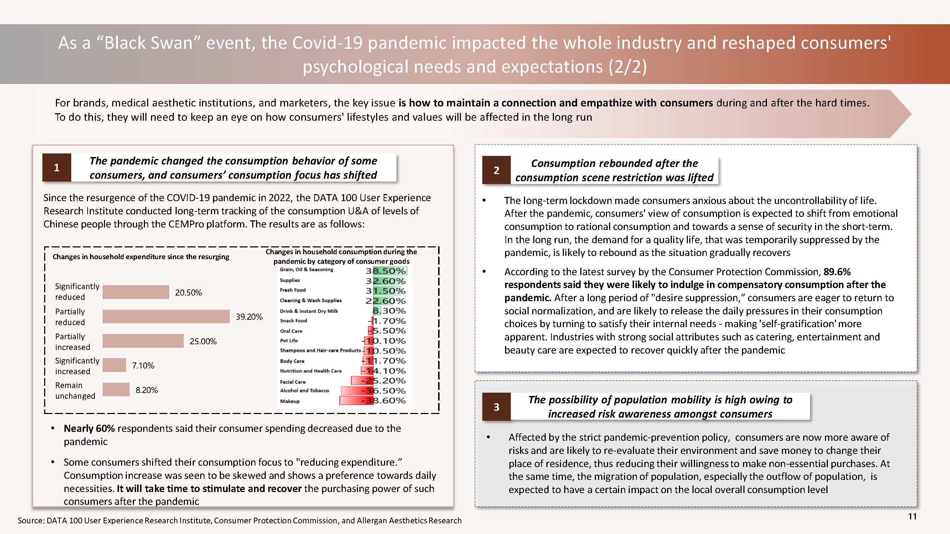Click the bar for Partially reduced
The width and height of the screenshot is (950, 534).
point(166,316)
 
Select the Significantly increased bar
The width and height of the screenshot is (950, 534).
point(114,365)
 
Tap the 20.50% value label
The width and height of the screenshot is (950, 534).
point(188,293)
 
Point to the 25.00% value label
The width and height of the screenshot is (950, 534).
point(203,341)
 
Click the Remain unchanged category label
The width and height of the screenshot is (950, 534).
point(75,390)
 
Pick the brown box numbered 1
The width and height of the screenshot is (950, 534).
point(57,168)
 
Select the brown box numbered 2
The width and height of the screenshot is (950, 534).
point(497,170)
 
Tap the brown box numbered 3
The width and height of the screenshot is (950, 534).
point(497,407)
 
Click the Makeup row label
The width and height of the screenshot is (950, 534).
point(290,401)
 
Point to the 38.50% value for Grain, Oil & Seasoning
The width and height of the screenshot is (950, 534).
point(386,271)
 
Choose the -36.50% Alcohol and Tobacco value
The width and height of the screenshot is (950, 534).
point(384,391)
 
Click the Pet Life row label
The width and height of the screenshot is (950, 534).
point(289,341)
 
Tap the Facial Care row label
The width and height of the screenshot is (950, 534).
point(293,382)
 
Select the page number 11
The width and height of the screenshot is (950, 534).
point(912,516)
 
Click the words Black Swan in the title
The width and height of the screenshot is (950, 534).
point(149,43)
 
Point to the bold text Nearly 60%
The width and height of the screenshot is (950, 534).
point(89,428)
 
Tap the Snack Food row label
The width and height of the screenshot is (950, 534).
point(294,321)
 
